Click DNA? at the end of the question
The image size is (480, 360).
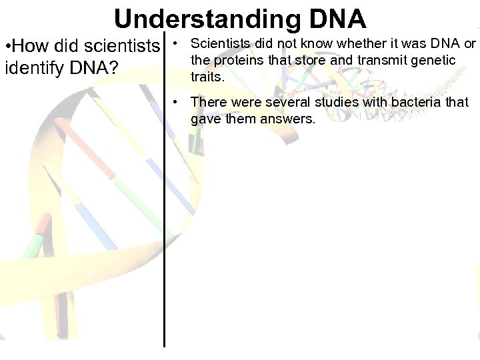coord(96,69)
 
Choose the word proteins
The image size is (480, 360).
coord(238,61)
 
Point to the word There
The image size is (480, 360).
coord(208,103)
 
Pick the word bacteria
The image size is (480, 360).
coord(417,103)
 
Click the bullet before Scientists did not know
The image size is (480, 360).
coord(174,44)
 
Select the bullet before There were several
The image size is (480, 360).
coord(174,103)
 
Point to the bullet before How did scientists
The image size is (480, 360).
coord(7,48)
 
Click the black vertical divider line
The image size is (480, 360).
coord(165,200)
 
